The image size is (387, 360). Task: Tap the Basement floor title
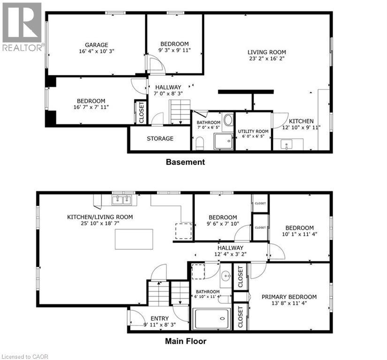click(x=185, y=162)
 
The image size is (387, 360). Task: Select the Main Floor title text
click(x=185, y=341)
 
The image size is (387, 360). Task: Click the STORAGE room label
click(x=160, y=138)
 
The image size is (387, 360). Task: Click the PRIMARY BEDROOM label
click(x=289, y=297)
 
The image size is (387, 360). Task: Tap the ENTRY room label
click(x=159, y=319)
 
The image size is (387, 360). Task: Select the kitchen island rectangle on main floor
click(x=134, y=239)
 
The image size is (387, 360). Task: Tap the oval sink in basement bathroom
click(x=228, y=120)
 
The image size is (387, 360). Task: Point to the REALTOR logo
click(x=22, y=26)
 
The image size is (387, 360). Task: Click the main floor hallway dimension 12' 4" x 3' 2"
click(x=230, y=254)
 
